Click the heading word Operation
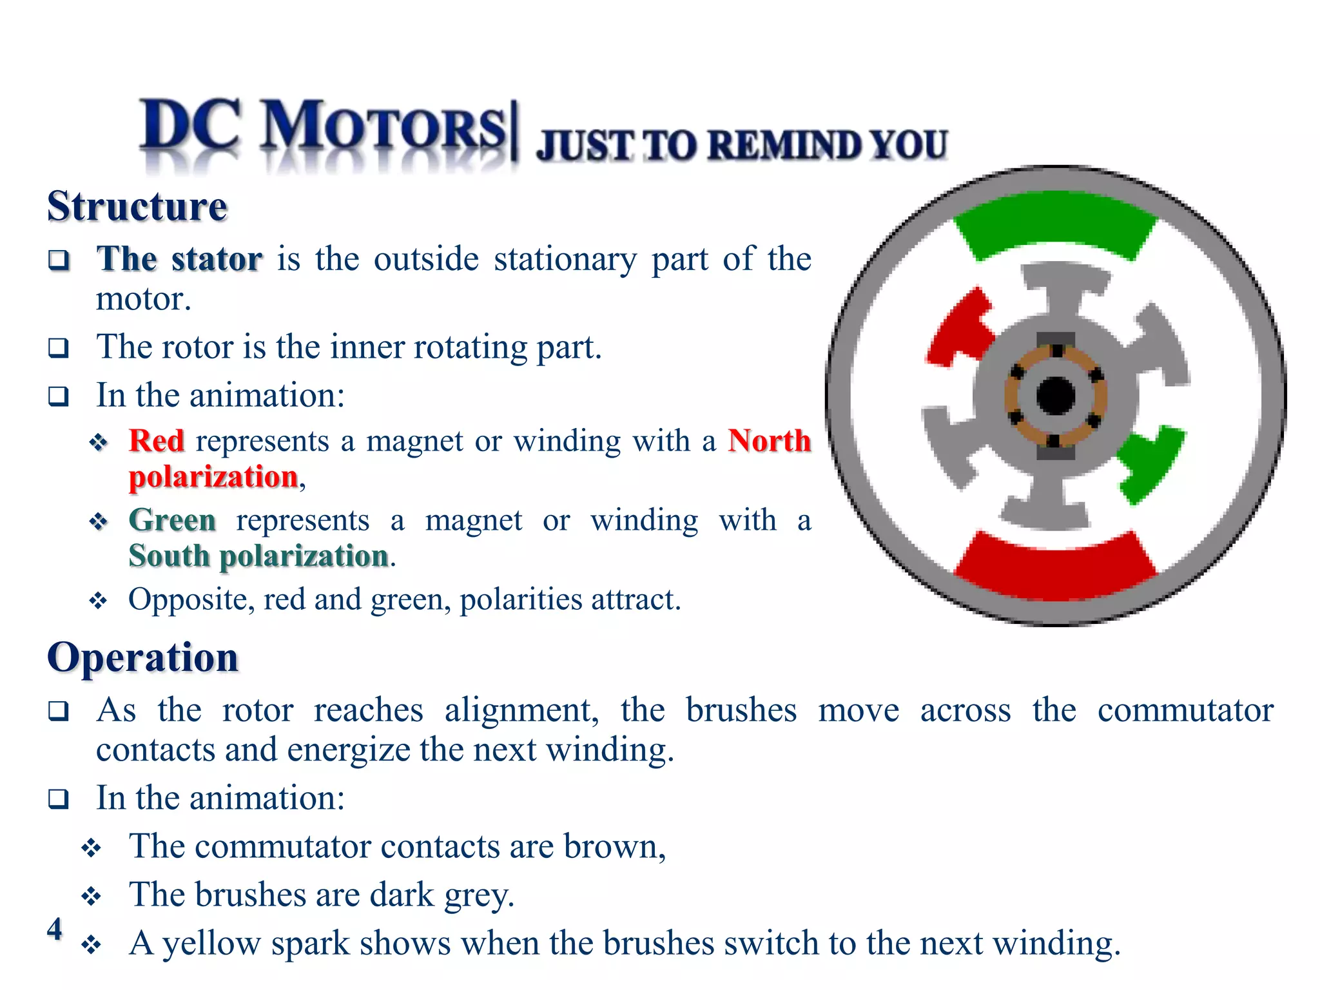(142, 657)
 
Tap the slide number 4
(55, 929)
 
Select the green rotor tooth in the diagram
(1150, 461)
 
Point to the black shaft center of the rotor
(1055, 396)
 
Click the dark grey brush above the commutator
(1055, 340)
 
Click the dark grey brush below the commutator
(1055, 452)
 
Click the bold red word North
(769, 441)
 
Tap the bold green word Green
(172, 519)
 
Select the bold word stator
(217, 259)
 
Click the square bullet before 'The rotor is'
(59, 348)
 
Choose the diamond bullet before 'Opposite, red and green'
(98, 601)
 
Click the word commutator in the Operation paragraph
(1185, 710)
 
